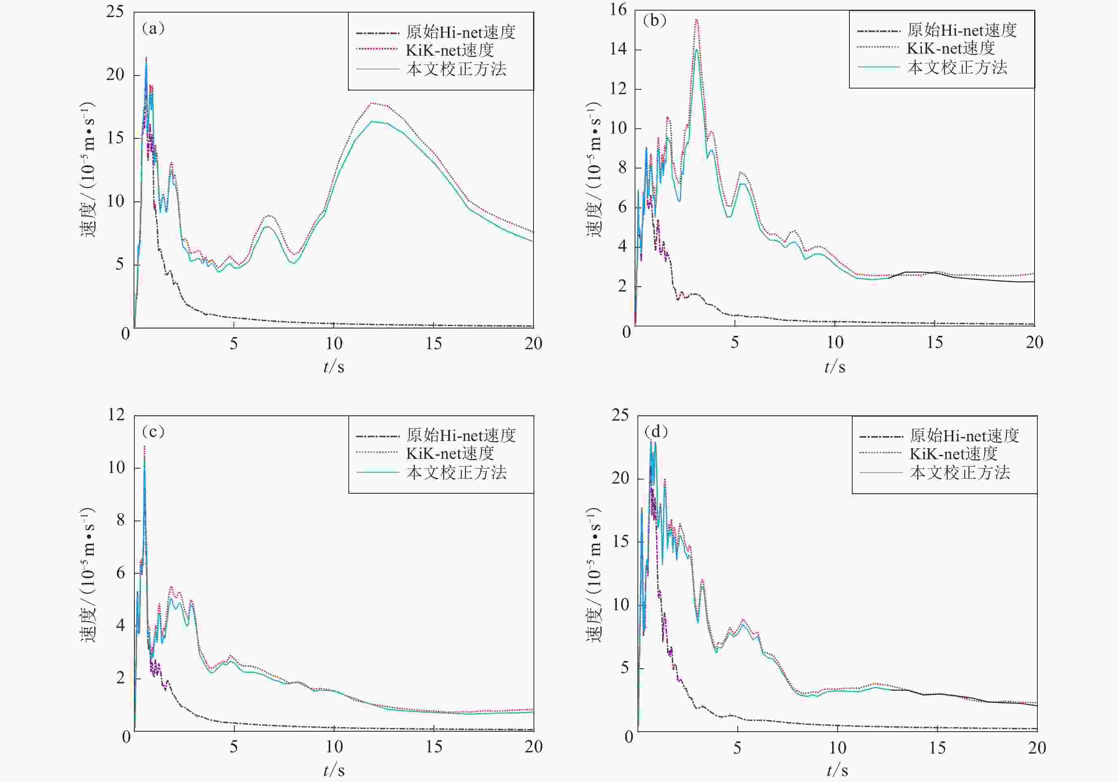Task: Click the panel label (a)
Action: pos(153,29)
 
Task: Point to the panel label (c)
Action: pos(153,432)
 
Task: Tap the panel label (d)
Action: pos(656,432)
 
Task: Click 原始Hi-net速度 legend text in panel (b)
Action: pos(961,30)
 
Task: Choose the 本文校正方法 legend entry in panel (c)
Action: pos(456,472)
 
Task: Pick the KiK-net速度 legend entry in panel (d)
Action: pos(953,454)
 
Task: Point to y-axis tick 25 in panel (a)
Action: pos(115,12)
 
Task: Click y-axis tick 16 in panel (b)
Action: pos(618,10)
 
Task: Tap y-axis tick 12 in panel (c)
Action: pos(117,415)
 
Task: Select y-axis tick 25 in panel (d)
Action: pos(620,415)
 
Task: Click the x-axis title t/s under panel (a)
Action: pos(334,366)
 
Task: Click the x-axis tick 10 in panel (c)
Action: pos(334,746)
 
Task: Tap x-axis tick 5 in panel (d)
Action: pos(737,747)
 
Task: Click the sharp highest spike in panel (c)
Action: pos(144,446)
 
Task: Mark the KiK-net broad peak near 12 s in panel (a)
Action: pos(373,103)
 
